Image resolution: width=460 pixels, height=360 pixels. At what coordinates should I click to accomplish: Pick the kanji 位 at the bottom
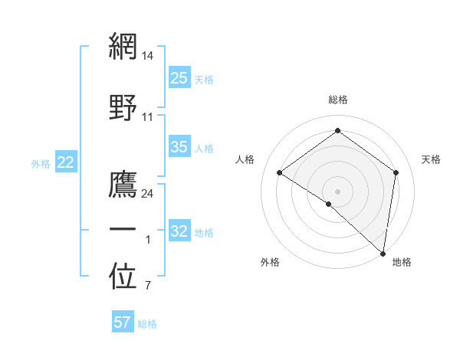tap(123, 277)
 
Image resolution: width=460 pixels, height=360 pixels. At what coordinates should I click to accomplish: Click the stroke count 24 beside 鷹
tap(149, 194)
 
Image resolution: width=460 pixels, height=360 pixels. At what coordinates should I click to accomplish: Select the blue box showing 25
tap(179, 78)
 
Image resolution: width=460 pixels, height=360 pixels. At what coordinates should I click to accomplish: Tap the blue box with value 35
tap(179, 147)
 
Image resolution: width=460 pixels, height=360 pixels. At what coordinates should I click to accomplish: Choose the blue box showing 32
tap(179, 231)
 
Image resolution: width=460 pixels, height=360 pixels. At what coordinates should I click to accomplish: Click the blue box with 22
tap(66, 162)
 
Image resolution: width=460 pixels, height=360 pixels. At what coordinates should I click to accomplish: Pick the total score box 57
tap(123, 322)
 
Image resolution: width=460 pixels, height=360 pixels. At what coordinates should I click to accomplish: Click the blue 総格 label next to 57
tap(147, 324)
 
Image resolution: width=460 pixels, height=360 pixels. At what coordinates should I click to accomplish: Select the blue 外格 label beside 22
tap(41, 163)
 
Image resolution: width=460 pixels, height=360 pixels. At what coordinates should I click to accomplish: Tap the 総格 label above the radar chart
tap(337, 100)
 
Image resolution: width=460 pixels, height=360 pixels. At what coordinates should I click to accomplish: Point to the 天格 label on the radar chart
tap(431, 159)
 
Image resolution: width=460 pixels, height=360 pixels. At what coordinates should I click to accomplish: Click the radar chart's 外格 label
tap(270, 262)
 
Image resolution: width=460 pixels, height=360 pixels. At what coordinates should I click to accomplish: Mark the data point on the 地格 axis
tap(383, 254)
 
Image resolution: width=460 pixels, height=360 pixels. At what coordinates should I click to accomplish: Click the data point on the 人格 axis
tap(280, 172)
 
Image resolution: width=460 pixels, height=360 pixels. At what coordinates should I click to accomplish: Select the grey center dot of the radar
tap(337, 191)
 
